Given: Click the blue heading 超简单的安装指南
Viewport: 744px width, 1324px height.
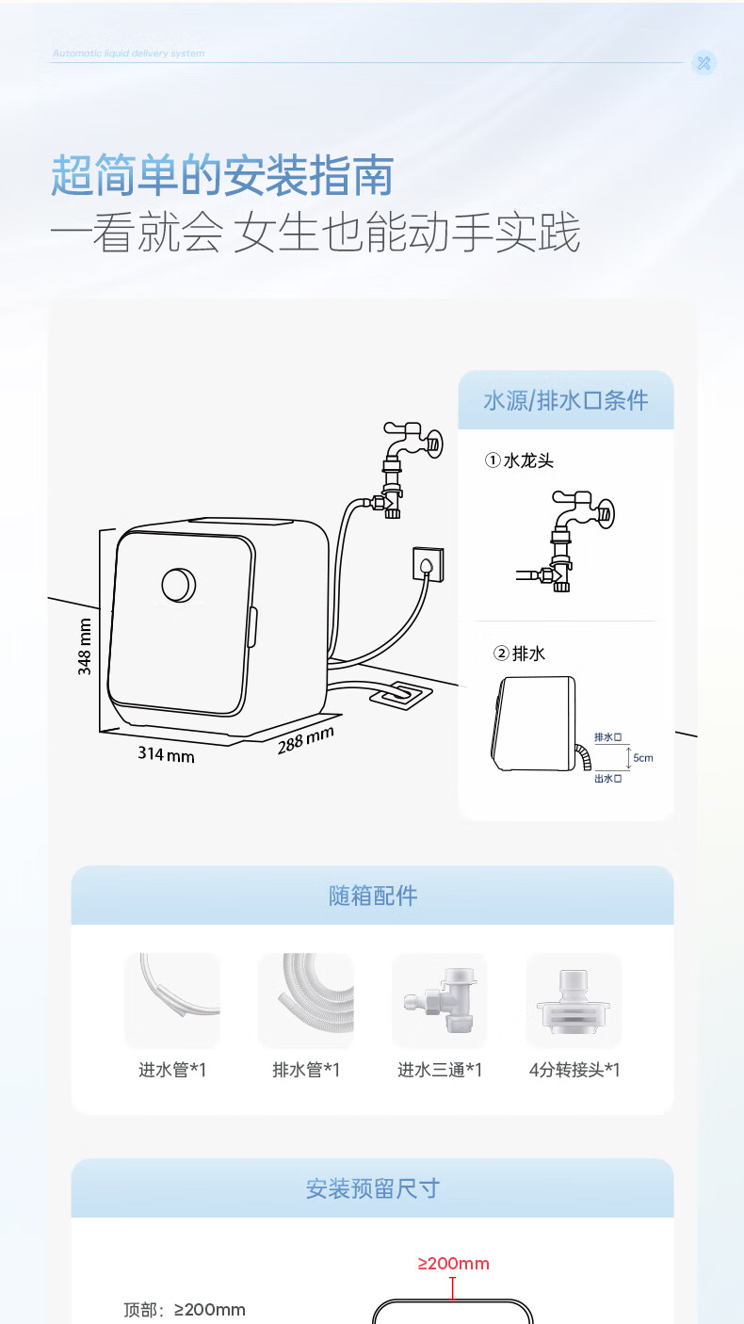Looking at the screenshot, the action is point(222,176).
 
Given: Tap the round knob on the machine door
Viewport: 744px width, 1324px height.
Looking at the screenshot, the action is point(179,585).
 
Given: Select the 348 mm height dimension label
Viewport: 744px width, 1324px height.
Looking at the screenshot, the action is point(85,647).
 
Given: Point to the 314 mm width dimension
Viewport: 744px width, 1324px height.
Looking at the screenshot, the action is point(166,753).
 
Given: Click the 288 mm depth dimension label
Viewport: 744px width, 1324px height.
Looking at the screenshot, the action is point(305,740).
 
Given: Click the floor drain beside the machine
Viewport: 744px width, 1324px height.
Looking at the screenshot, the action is point(399,695).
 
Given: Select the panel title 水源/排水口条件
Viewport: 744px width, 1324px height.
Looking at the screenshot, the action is point(566,400).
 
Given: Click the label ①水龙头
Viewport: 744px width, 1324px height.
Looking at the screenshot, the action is point(519,460).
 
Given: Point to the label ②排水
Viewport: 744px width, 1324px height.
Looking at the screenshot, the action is point(520,653).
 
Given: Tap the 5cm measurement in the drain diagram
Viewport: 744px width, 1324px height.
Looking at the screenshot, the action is point(643,757).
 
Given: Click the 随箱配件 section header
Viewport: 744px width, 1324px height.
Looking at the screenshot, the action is point(372,896).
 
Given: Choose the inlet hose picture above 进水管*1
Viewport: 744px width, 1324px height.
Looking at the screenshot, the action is point(172,1000).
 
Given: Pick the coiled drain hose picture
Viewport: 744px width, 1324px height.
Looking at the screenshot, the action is point(306,1000).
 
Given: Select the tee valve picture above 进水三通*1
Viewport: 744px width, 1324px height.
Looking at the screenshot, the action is point(439,1000).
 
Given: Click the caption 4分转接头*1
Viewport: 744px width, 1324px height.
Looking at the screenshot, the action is point(574,1070).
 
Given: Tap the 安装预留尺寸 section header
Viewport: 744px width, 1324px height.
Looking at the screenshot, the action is point(372,1188).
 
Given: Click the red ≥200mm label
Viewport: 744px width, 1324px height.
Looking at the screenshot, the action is point(454,1264).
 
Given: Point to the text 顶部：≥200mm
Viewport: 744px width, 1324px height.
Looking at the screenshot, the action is point(185,1310).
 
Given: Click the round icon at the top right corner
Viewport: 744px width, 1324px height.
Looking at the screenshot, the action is point(704,63).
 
